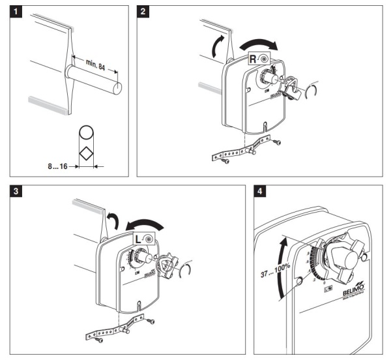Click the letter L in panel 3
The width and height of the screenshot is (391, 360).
(x=139, y=239)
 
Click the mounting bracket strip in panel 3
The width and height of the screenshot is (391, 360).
(x=117, y=330)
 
